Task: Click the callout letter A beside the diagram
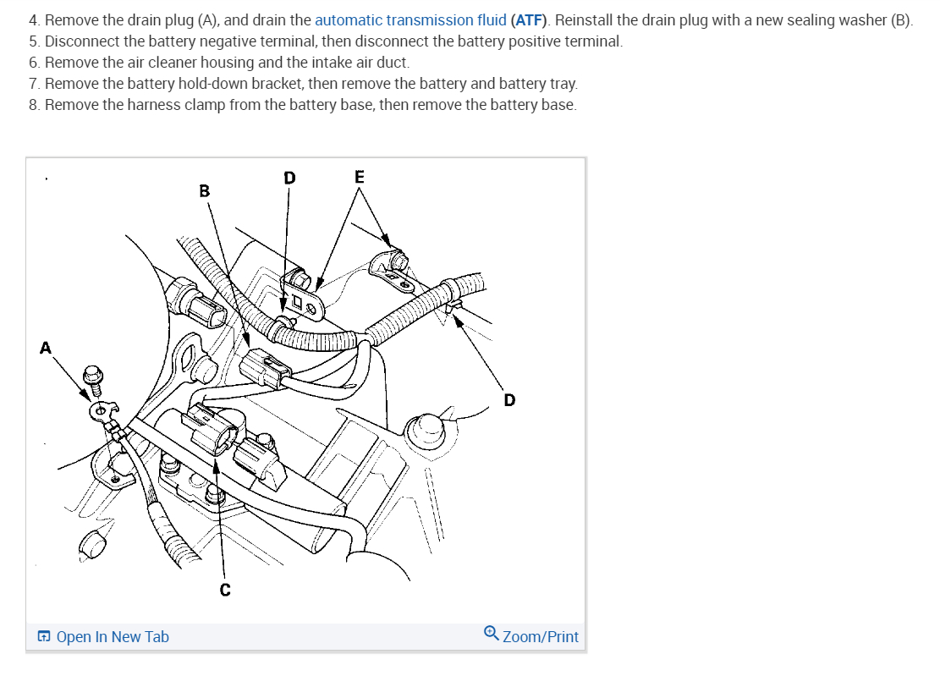point(46,347)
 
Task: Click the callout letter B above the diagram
point(204,191)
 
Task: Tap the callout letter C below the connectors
point(225,590)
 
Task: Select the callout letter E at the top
point(360,177)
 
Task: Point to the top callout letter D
point(289,178)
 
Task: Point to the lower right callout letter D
point(508,399)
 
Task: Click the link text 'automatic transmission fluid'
point(410,20)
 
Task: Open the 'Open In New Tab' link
point(113,637)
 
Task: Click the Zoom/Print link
point(541,637)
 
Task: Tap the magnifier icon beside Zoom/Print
point(492,635)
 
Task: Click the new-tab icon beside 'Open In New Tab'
point(44,637)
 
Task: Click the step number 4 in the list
point(33,20)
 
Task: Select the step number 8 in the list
point(33,105)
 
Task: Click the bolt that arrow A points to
point(94,377)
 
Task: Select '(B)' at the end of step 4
point(902,20)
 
